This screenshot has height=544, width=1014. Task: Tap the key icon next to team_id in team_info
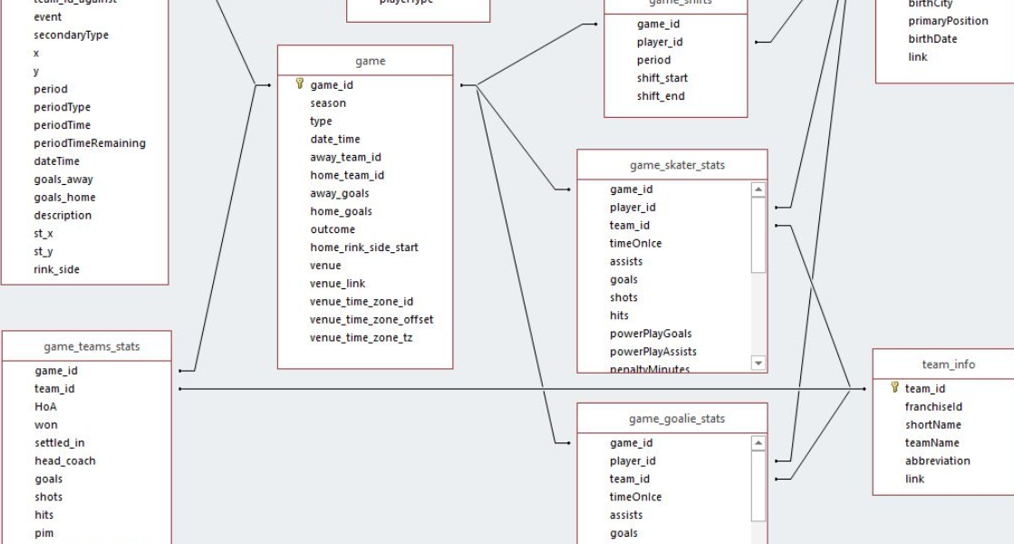click(x=894, y=388)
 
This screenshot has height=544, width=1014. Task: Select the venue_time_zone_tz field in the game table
click(x=362, y=338)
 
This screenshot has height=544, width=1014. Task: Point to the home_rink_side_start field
click(x=363, y=248)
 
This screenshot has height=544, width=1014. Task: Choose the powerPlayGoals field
click(x=650, y=334)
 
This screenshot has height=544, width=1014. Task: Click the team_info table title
click(x=949, y=364)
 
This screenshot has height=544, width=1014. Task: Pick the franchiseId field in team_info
click(x=933, y=407)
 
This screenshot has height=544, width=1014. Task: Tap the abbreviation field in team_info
click(x=937, y=461)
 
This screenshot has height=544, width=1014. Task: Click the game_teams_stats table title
click(x=92, y=346)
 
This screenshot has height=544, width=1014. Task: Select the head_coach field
click(x=65, y=461)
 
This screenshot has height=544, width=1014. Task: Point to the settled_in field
click(x=60, y=442)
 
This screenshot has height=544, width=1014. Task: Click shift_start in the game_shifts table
click(x=662, y=78)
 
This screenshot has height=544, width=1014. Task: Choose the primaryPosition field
click(x=948, y=21)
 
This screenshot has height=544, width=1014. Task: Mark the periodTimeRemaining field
click(x=90, y=143)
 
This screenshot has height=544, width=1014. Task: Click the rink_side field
click(x=57, y=269)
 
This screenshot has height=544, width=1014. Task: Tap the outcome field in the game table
click(x=333, y=229)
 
